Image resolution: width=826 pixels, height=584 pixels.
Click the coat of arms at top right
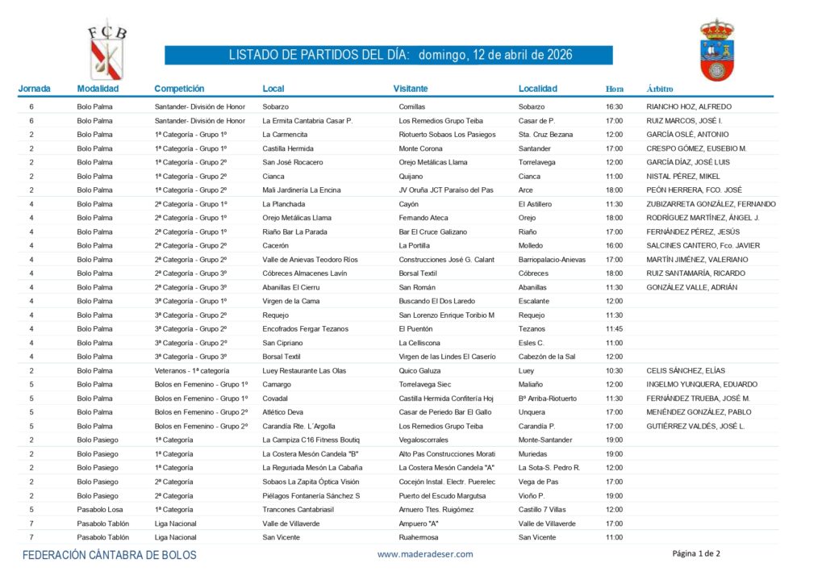point(716,50)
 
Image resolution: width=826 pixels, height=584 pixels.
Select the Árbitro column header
point(660,89)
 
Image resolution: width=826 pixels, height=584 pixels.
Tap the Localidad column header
point(538,89)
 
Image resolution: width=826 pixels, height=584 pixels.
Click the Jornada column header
point(34,89)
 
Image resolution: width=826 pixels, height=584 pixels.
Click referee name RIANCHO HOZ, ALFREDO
point(689,106)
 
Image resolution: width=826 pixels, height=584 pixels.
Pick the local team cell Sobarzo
point(277,106)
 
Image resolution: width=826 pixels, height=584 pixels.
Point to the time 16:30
point(615,106)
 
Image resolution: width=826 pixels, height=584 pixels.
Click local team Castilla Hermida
point(288,148)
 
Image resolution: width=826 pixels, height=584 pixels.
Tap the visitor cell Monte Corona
point(421,148)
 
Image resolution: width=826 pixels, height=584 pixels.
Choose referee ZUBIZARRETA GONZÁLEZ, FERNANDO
point(711,204)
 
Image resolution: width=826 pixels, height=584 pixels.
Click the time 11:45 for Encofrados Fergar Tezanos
point(615,329)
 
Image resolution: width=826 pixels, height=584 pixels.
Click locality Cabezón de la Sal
point(547,357)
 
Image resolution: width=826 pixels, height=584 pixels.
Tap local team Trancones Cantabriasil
point(298,509)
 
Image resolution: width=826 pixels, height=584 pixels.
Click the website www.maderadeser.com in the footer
point(425,554)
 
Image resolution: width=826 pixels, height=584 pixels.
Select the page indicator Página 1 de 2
point(696,553)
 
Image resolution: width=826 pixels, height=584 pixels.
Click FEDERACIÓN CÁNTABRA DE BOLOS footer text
point(110,555)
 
